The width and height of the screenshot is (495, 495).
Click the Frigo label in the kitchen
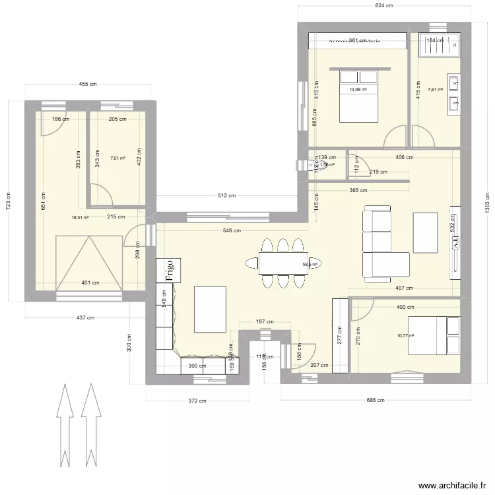170,271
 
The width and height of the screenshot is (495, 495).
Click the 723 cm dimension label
9,201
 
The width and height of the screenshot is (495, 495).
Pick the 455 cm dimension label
88,84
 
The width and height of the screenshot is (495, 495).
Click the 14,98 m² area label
358,90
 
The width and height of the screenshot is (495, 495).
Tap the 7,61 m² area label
435,90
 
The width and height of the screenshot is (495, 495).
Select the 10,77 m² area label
405,335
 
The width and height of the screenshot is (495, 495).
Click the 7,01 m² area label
117,158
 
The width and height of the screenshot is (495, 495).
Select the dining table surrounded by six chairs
283,263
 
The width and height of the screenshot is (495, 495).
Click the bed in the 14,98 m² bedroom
359,96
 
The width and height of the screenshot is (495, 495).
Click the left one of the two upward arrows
65,422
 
